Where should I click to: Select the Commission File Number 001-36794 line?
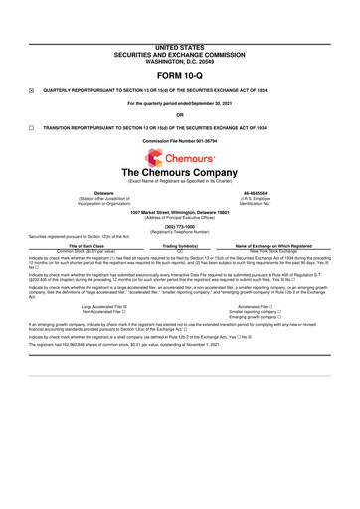180,143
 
